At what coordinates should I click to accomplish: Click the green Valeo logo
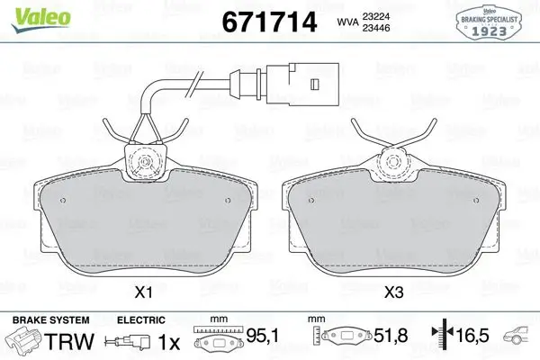pos(40,19)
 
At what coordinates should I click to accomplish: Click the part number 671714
pos(269,22)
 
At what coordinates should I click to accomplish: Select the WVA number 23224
pos(375,16)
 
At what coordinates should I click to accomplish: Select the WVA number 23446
pos(375,28)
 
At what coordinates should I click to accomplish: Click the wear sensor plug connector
pos(302,85)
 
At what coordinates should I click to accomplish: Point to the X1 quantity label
pos(143,292)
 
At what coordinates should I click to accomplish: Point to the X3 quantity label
pos(393,292)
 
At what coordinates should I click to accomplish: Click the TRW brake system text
pos(69,341)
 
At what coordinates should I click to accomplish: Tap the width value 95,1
pos(263,336)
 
